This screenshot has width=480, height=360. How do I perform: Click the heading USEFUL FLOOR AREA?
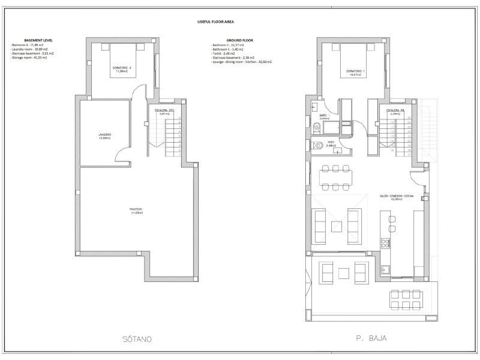click(x=215, y=22)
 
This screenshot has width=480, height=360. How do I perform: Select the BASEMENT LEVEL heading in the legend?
click(x=38, y=40)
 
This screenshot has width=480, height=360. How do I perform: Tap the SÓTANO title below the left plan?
click(x=137, y=339)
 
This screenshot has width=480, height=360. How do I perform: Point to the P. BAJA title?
click(x=371, y=338)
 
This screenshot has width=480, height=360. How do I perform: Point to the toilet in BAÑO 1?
click(x=317, y=127)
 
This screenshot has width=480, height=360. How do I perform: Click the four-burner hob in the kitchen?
click(x=385, y=243)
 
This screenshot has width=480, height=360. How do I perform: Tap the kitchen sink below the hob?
click(x=385, y=270)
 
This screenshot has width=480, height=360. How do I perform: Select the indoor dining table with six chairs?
click(x=335, y=178)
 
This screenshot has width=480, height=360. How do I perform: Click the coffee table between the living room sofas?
click(x=336, y=227)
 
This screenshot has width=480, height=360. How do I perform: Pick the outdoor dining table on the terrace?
click(x=406, y=300)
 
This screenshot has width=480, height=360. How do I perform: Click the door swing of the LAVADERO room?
click(x=122, y=155)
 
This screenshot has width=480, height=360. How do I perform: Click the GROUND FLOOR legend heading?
click(x=240, y=40)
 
